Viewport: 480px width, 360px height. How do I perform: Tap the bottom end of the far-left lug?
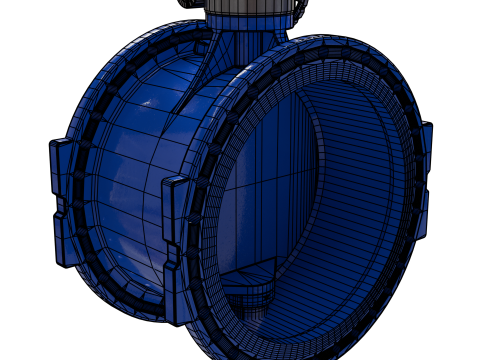point(62,262)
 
